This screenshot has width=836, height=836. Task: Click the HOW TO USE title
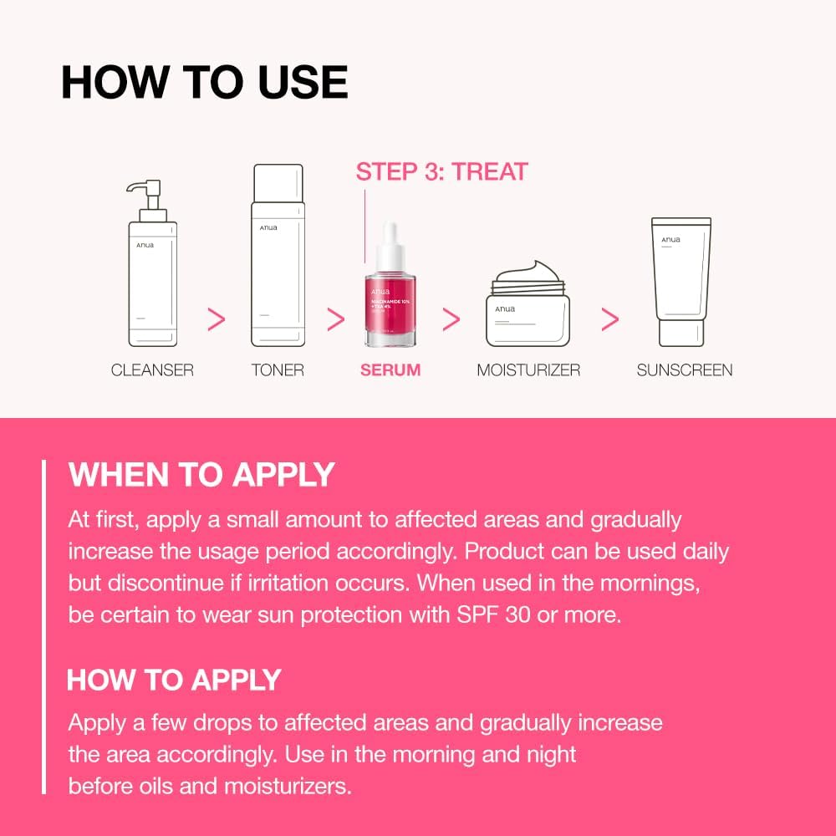pyautogui.click(x=205, y=82)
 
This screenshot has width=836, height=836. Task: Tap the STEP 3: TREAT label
pyautogui.click(x=441, y=172)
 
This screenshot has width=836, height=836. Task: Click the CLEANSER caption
pyautogui.click(x=152, y=370)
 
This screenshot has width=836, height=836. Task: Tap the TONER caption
pyautogui.click(x=278, y=370)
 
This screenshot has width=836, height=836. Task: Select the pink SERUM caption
pyautogui.click(x=390, y=370)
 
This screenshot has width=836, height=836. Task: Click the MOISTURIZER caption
pyautogui.click(x=528, y=370)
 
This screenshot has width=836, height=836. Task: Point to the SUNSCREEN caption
pyautogui.click(x=685, y=370)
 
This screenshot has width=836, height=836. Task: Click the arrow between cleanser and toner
pyautogui.click(x=216, y=319)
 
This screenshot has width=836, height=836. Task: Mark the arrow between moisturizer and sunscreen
pyautogui.click(x=610, y=319)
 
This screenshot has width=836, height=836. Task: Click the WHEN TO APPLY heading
pyautogui.click(x=201, y=475)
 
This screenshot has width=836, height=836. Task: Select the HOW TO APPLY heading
pyautogui.click(x=174, y=680)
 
